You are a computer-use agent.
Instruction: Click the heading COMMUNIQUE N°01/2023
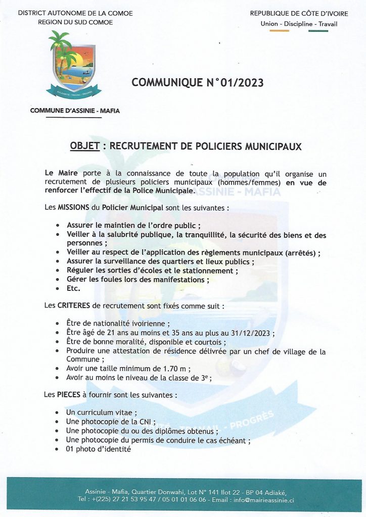[198, 82]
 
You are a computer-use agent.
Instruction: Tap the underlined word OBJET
[84, 147]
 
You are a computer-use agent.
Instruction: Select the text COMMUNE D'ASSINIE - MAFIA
[75, 111]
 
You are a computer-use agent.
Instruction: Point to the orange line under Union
[279, 31]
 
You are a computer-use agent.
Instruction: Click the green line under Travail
[318, 31]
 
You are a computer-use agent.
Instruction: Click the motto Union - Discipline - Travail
[298, 24]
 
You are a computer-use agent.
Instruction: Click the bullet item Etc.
[74, 288]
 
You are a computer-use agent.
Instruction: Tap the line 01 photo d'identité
[99, 449]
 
